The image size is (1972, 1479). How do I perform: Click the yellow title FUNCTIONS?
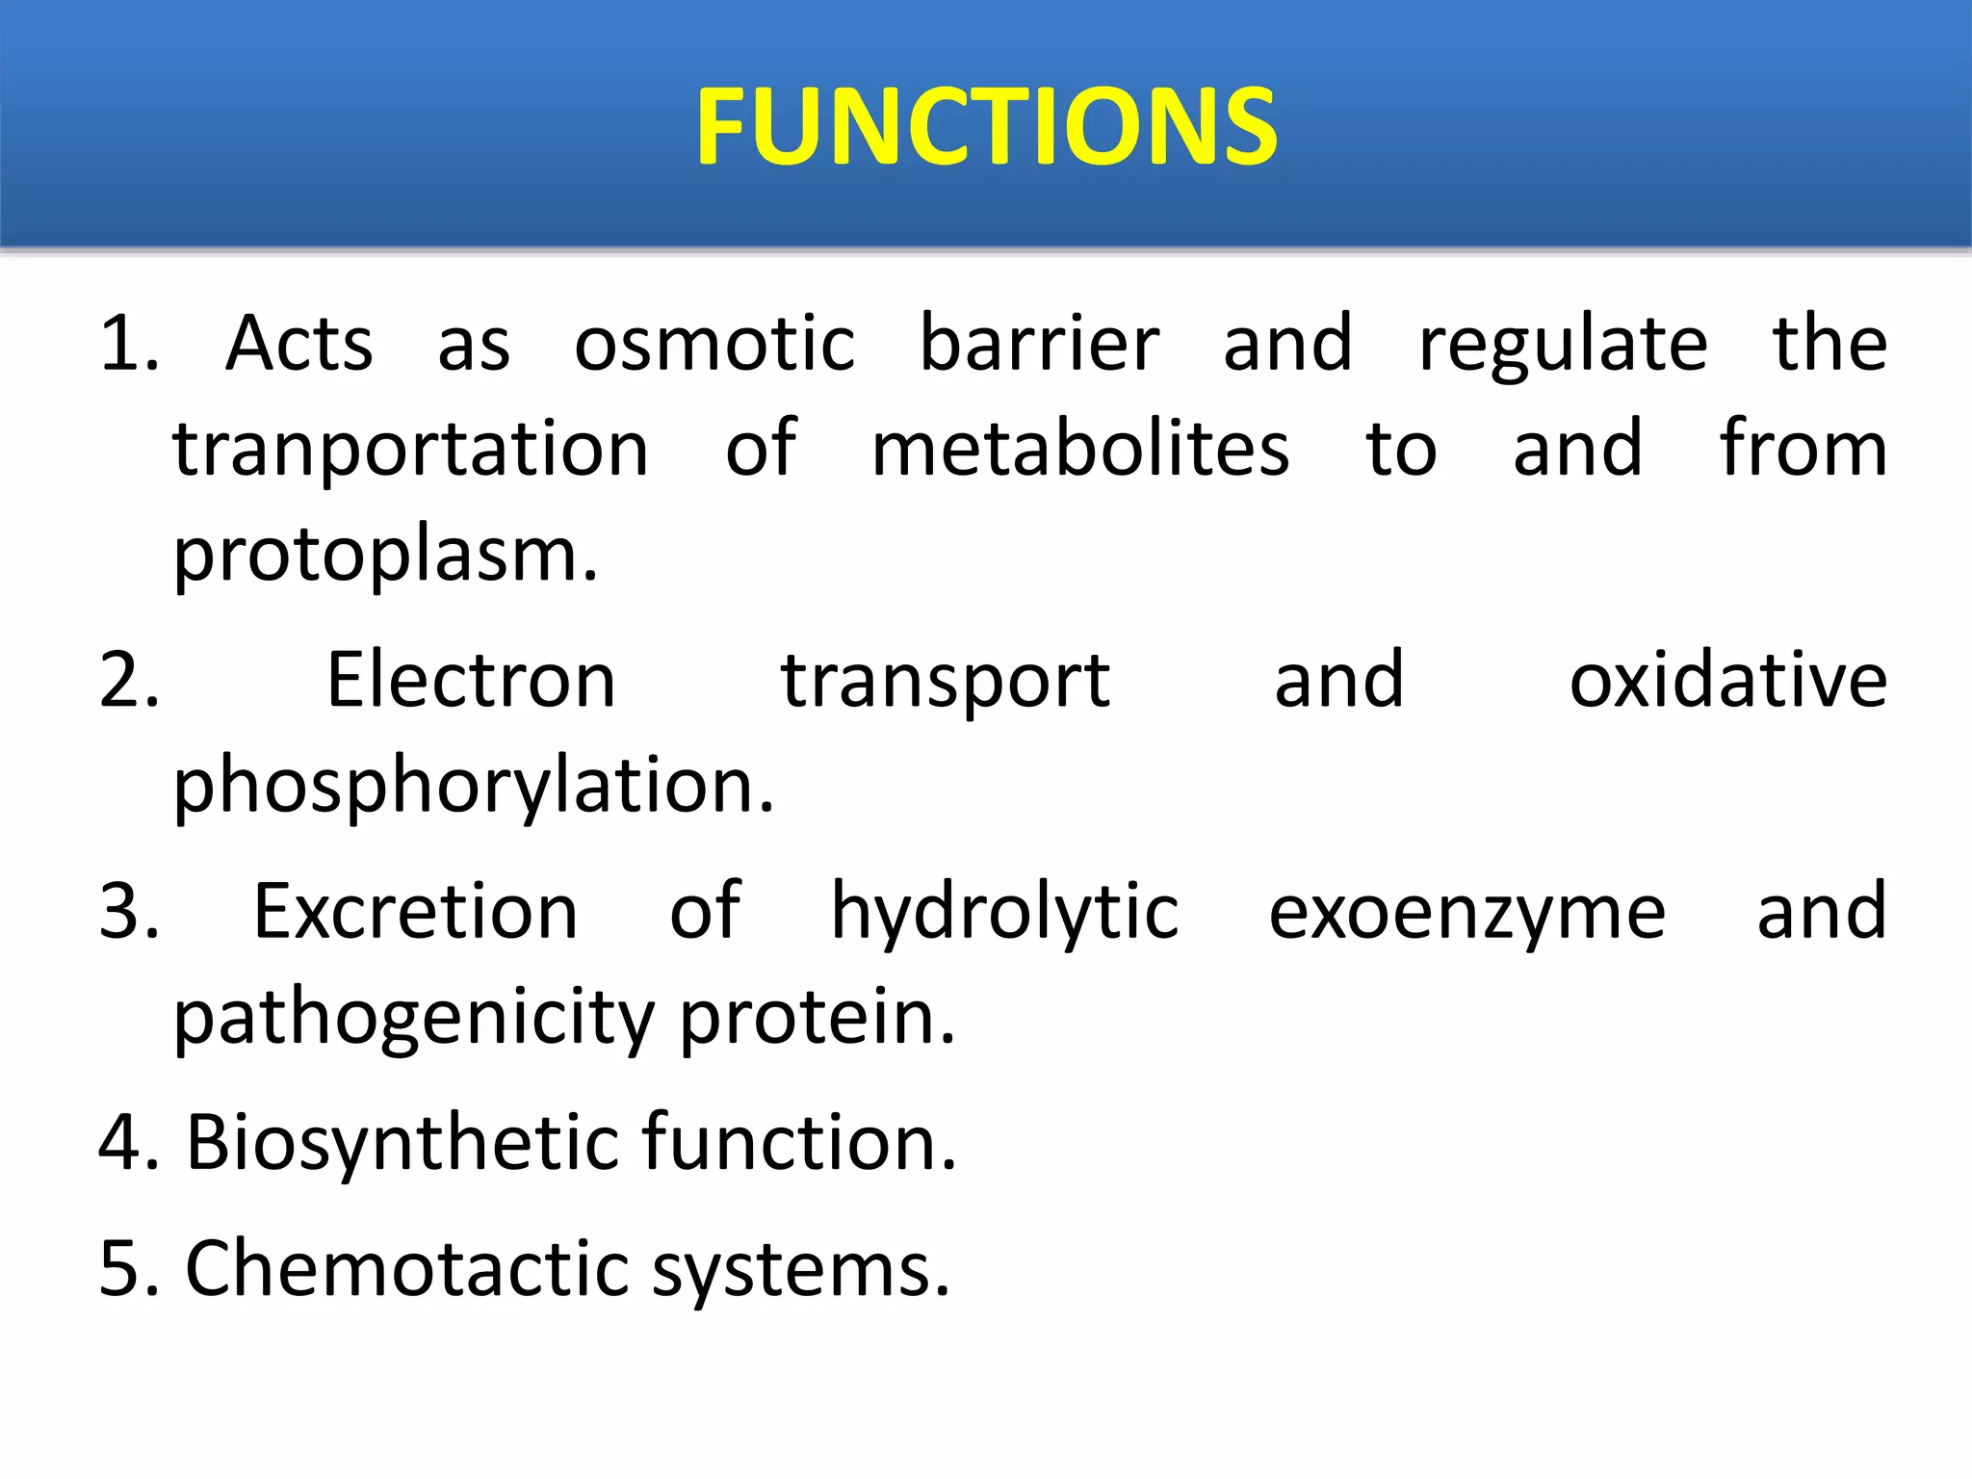[986, 127]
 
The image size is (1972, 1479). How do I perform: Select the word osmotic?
[714, 344]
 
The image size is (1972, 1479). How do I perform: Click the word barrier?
[1039, 344]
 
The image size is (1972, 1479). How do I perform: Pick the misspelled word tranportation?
[410, 451]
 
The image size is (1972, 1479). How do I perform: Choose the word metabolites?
[1079, 450]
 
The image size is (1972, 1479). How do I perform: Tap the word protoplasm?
[383, 557]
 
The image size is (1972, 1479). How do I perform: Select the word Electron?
[471, 681]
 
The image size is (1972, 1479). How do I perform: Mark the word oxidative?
[1728, 681]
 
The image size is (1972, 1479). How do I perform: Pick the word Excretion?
[415, 912]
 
